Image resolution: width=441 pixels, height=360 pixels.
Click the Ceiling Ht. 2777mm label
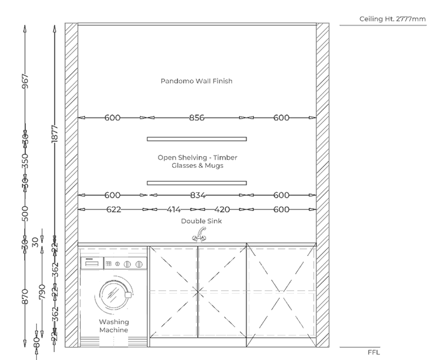click(x=392, y=19)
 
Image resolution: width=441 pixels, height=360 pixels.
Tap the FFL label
click(x=374, y=353)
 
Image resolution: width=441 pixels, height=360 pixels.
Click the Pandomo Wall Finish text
click(x=197, y=81)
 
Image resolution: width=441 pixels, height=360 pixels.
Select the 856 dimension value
click(x=197, y=118)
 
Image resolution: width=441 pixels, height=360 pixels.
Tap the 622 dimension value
click(x=113, y=209)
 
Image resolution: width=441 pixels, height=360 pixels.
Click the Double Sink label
click(x=201, y=221)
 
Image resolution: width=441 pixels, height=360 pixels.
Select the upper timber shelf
click(x=197, y=139)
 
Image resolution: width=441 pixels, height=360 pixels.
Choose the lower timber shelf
click(x=197, y=182)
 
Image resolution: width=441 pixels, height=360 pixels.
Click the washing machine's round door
click(x=114, y=294)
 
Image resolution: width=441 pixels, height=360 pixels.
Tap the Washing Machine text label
click(x=114, y=326)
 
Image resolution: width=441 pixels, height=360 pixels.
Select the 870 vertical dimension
click(x=26, y=297)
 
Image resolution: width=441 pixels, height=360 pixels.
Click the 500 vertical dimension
click(x=26, y=213)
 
